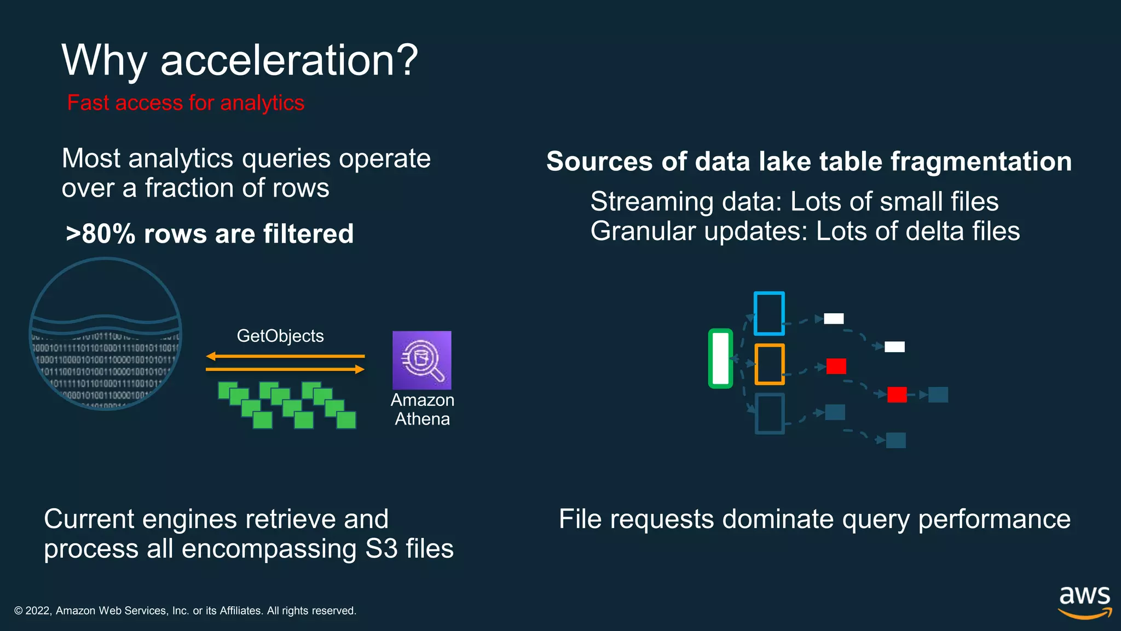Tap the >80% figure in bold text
[x=100, y=234]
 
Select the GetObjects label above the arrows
[x=280, y=336]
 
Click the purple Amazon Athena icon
[x=421, y=360]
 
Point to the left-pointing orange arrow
[x=285, y=357]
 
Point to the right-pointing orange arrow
[x=285, y=370]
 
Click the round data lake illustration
[x=105, y=334]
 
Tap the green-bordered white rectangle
[x=720, y=359]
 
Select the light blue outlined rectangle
[x=769, y=313]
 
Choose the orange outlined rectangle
[x=769, y=364]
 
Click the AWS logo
[x=1084, y=601]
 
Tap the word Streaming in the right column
[x=651, y=202]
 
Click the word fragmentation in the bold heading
[x=980, y=162]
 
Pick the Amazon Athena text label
[x=422, y=410]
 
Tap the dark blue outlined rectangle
[x=769, y=414]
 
